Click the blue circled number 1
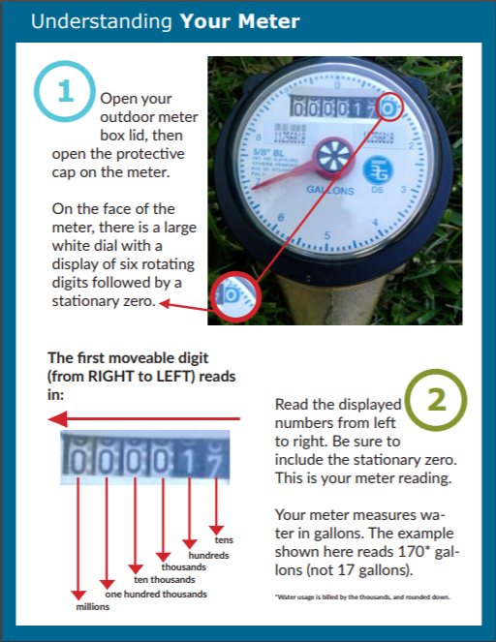pos(66,92)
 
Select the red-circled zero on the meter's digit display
pos(387,109)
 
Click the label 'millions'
pos(93,606)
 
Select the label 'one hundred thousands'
pos(155,593)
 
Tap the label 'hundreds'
pos(209,555)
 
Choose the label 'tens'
pos(225,540)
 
